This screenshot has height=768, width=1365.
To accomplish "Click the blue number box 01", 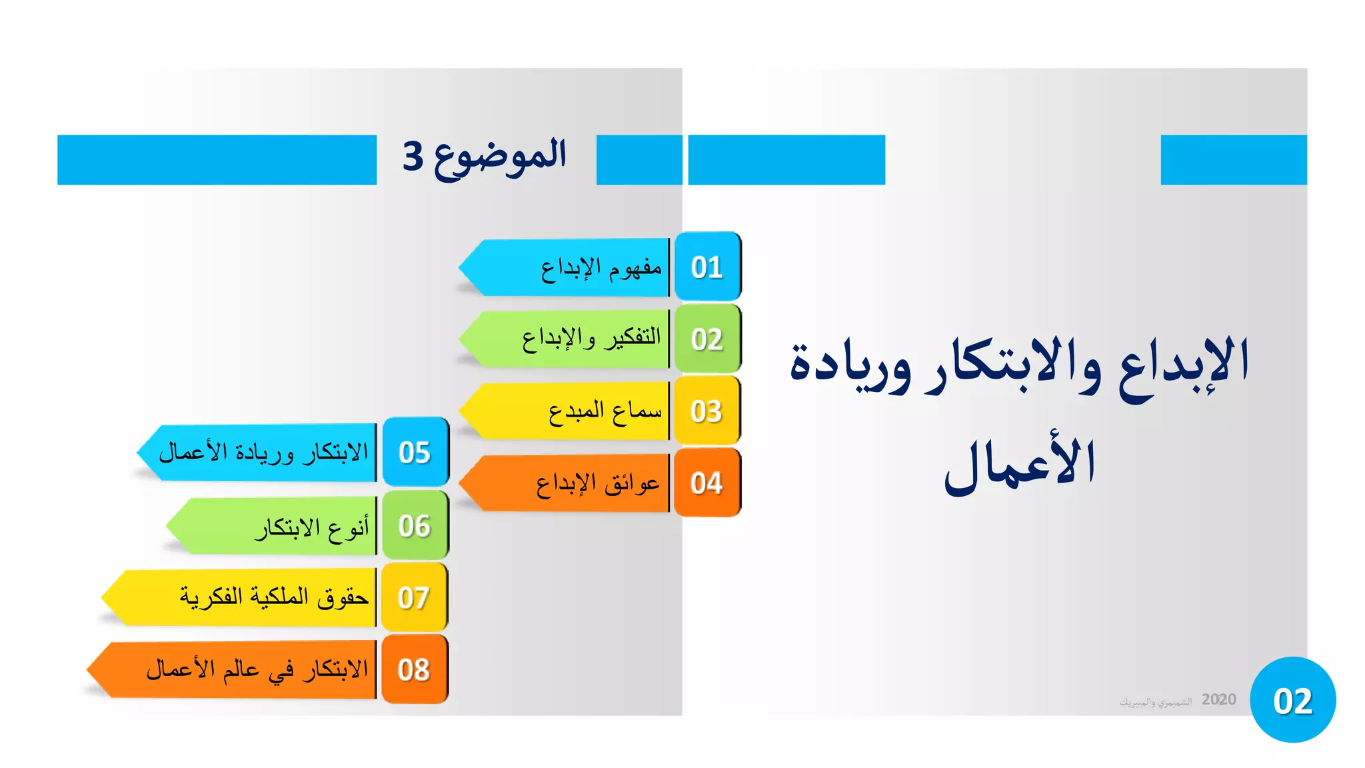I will tap(707, 267).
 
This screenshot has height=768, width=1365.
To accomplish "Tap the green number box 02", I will tap(707, 339).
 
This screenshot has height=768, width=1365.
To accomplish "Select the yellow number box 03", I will tap(707, 411).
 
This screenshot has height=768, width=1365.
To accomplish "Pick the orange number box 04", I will tap(707, 483).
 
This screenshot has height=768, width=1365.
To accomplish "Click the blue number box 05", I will tap(415, 452).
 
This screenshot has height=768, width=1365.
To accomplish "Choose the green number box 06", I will tap(415, 525).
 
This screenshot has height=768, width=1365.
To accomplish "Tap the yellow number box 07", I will tap(414, 597).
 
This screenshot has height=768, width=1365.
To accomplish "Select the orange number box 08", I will tap(414, 669).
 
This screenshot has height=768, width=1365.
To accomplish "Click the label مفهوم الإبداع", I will tap(601, 268).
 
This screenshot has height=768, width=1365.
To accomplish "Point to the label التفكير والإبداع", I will tap(591, 339).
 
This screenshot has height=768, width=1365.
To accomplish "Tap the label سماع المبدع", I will tap(605, 411).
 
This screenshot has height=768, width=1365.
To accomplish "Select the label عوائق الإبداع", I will tap(597, 483).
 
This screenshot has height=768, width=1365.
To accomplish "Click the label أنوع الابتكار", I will tap(311, 527).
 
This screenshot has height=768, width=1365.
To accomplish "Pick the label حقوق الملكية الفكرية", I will tap(274, 597).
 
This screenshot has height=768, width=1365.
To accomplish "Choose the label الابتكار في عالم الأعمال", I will tap(257, 669).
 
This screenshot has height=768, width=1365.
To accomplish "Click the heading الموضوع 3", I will tap(485, 157).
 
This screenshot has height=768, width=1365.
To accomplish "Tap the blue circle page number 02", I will tap(1292, 700).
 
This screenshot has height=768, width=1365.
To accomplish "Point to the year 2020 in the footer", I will tap(1218, 699).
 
